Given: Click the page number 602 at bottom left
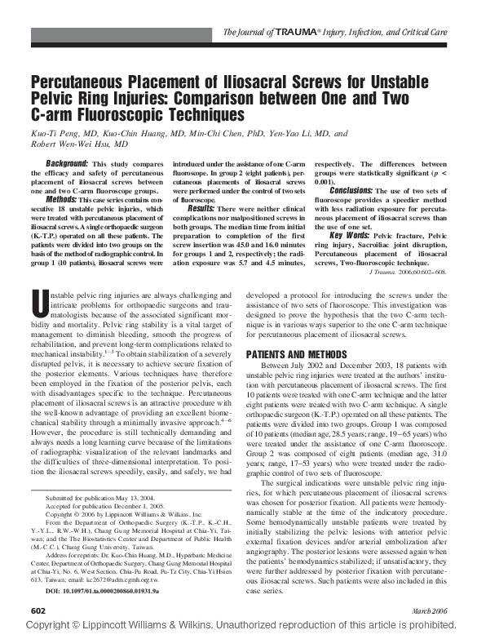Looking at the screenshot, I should click(x=38, y=610).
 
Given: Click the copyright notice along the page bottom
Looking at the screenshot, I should click(x=238, y=628).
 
